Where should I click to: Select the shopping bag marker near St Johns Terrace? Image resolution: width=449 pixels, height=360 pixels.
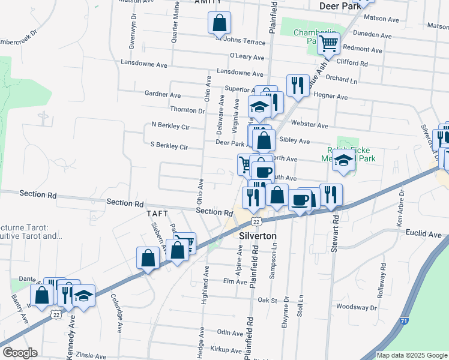[220, 23]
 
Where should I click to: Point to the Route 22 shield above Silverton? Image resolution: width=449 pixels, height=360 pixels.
[256, 221]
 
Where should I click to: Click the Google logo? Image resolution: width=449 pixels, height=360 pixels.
[20, 352]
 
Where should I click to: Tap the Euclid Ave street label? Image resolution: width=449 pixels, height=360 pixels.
[427, 233]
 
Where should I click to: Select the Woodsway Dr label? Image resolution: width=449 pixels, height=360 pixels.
[357, 307]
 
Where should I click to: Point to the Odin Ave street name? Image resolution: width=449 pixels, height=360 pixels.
[229, 332]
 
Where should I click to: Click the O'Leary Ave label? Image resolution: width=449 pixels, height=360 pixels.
[247, 58]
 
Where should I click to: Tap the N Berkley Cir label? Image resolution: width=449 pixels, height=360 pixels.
[170, 126]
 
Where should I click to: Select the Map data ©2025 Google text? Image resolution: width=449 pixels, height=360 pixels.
[411, 355]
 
